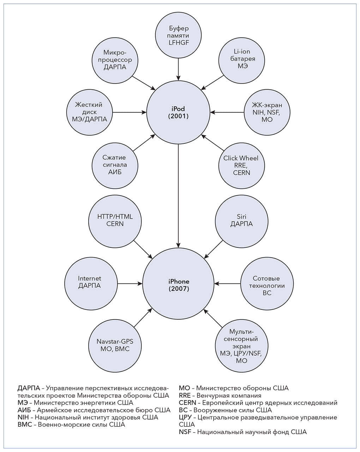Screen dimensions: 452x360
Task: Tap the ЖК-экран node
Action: (267, 112)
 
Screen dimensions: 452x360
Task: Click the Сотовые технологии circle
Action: (267, 285)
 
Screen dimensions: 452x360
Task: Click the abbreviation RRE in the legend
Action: (185, 395)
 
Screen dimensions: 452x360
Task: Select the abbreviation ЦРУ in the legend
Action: (186, 417)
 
